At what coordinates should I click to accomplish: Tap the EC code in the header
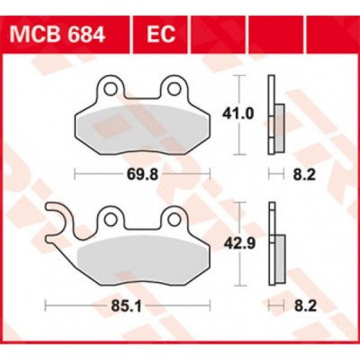click(x=157, y=36)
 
